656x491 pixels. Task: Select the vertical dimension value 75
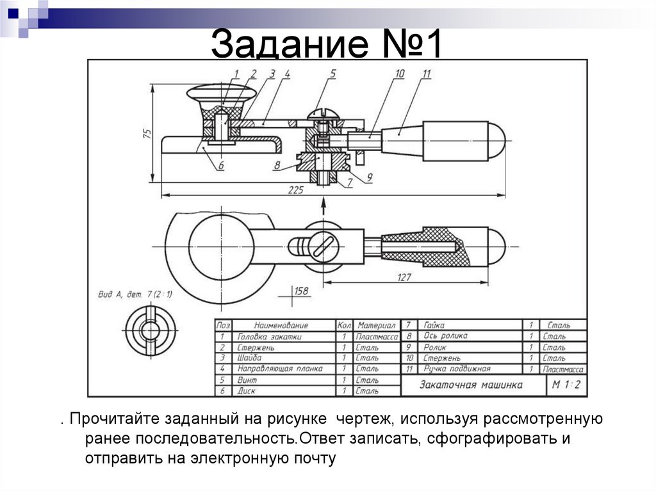click(x=147, y=133)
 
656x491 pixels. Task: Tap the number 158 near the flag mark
click(x=300, y=292)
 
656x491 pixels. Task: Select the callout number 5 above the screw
click(x=332, y=74)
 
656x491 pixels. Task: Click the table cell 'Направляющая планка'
click(x=280, y=369)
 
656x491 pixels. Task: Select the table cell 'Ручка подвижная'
click(x=456, y=369)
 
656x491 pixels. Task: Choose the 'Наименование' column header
click(x=281, y=325)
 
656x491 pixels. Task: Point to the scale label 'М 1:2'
click(x=566, y=384)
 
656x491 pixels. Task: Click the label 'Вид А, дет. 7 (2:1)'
click(x=135, y=294)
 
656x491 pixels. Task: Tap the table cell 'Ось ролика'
click(x=445, y=336)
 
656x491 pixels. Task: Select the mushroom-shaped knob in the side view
click(x=221, y=93)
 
